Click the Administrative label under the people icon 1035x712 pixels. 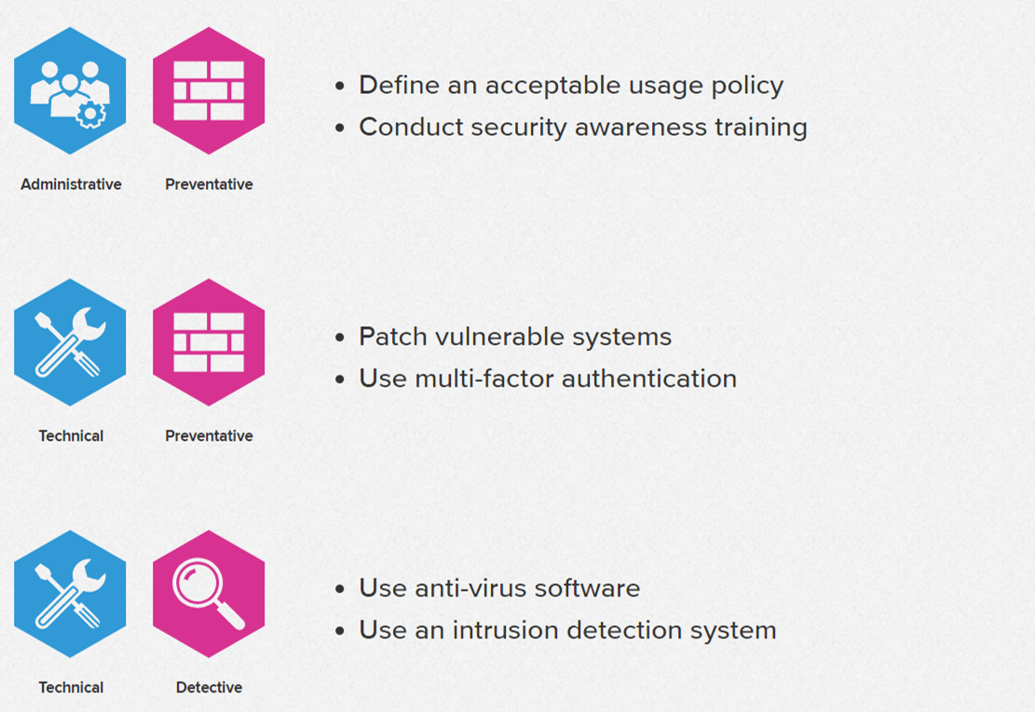click(x=71, y=185)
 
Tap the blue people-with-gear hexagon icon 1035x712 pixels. click(x=70, y=90)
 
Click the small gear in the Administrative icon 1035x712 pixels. click(x=91, y=115)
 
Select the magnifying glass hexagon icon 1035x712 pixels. click(x=209, y=594)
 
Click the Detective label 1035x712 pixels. click(x=209, y=688)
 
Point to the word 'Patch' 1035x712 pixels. click(x=393, y=336)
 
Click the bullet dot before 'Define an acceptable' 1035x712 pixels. click(x=340, y=86)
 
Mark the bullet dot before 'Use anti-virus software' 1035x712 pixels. click(x=340, y=589)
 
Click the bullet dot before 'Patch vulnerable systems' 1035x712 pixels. click(x=340, y=337)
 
